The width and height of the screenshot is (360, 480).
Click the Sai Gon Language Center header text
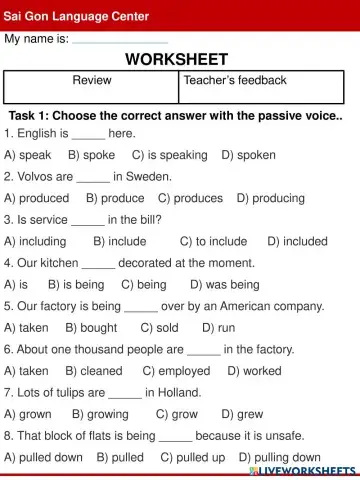click(77, 16)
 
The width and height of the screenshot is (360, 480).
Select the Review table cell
click(92, 80)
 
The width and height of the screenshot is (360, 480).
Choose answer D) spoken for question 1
click(248, 155)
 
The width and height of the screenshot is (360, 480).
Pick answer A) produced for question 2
click(37, 198)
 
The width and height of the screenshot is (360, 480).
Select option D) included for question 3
click(297, 241)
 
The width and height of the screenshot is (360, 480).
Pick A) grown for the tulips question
click(28, 413)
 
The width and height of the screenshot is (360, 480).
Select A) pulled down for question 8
click(44, 457)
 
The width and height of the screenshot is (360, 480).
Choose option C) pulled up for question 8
click(193, 457)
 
